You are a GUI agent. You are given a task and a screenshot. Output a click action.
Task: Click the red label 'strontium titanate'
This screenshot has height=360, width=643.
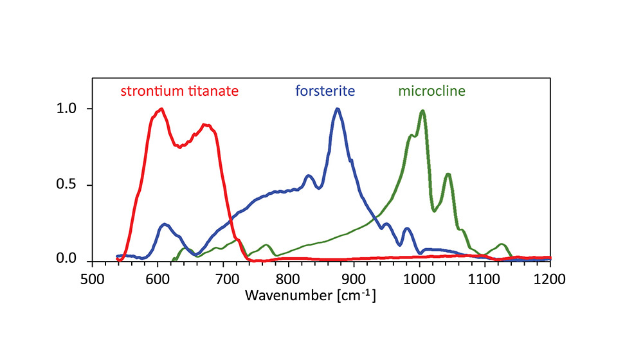pyautogui.click(x=179, y=91)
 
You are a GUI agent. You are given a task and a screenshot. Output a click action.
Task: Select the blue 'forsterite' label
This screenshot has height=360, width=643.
pyautogui.click(x=325, y=91)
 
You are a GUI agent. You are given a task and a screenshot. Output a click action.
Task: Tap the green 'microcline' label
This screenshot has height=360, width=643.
pyautogui.click(x=431, y=91)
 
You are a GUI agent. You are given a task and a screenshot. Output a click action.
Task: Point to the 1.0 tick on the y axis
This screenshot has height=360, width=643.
pyautogui.click(x=67, y=109)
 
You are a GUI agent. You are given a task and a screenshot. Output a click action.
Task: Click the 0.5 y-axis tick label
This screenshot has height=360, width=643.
pyautogui.click(x=67, y=185)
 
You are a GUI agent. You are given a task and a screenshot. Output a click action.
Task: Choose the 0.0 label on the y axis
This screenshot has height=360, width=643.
pyautogui.click(x=67, y=260)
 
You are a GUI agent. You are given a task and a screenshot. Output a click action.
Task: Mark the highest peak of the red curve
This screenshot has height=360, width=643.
pyautogui.click(x=161, y=109)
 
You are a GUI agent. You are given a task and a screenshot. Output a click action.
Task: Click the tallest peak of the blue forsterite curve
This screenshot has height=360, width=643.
pyautogui.click(x=337, y=109)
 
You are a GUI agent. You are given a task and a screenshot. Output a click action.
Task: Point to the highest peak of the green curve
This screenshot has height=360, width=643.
pyautogui.click(x=422, y=111)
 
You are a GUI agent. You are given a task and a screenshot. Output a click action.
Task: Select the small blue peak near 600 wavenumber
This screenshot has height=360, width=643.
pyautogui.click(x=165, y=224)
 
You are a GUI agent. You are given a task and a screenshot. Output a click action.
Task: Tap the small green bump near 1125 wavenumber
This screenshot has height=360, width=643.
pyautogui.click(x=502, y=244)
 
